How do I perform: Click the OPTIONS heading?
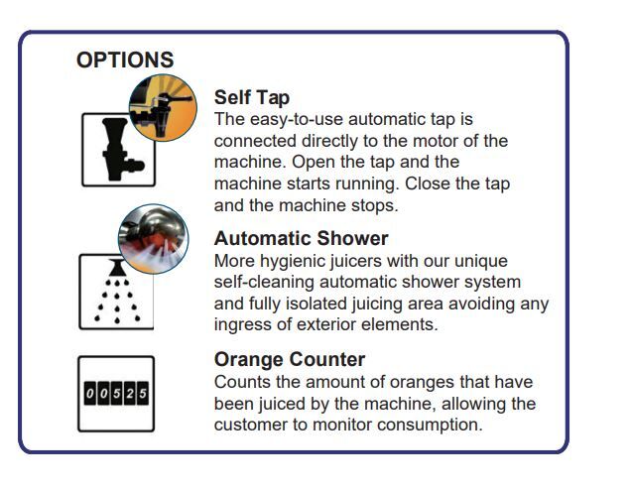(x=125, y=60)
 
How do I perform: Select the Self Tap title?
(x=252, y=97)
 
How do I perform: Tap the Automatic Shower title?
(x=301, y=238)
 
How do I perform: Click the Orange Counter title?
(x=290, y=359)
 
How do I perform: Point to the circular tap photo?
(x=163, y=107)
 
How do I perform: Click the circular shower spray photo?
(x=154, y=239)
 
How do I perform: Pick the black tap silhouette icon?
(x=120, y=149)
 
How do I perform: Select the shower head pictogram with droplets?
(x=117, y=292)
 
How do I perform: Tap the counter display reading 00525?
(x=116, y=393)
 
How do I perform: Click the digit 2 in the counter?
(x=130, y=393)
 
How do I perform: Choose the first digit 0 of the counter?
(x=90, y=393)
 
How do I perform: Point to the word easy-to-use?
(x=297, y=120)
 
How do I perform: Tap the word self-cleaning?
(x=264, y=282)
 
